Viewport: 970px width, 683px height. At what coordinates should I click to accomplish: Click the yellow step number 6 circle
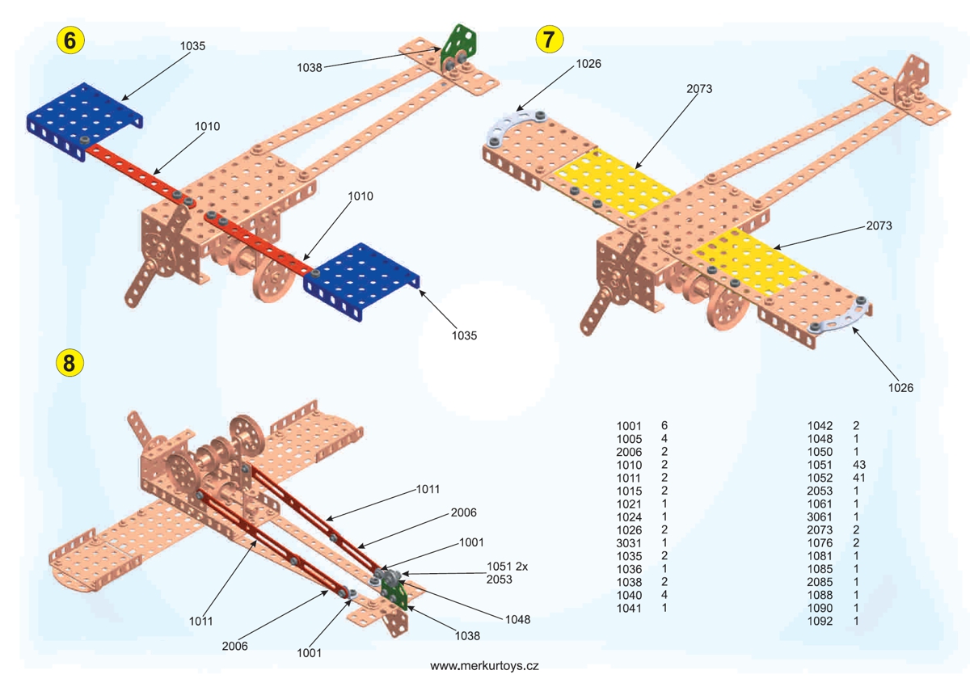[70, 40]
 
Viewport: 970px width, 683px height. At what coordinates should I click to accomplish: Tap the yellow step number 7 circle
[550, 39]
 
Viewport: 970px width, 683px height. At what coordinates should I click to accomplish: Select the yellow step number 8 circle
[69, 363]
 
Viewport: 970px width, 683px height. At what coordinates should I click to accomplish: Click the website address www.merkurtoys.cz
[484, 667]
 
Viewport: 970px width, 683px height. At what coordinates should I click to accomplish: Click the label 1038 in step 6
[310, 67]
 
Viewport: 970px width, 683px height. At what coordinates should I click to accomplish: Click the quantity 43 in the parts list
[860, 465]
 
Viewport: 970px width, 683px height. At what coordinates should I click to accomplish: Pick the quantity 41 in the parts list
[860, 478]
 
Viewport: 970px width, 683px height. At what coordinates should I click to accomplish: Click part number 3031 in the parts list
[629, 542]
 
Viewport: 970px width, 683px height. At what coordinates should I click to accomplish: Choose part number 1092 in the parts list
[821, 621]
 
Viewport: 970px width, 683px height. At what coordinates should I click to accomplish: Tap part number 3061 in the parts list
[821, 516]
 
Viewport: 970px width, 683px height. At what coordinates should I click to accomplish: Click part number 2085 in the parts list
[821, 581]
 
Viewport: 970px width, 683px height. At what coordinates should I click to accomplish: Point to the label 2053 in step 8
[500, 579]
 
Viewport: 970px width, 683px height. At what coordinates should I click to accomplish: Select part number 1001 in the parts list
[629, 425]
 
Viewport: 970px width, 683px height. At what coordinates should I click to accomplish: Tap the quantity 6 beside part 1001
[664, 425]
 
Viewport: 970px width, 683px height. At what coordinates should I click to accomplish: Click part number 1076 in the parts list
[821, 542]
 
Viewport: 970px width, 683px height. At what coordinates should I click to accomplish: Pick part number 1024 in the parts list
[629, 516]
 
